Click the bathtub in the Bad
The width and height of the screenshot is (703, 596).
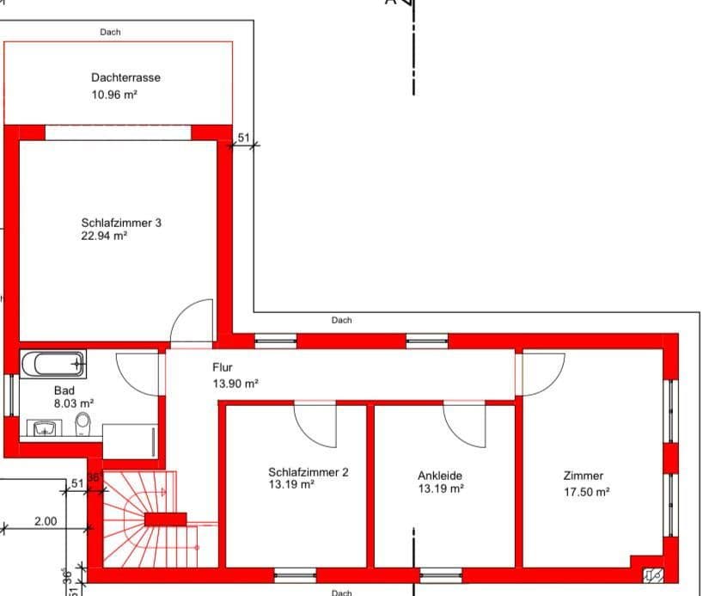click(x=53, y=364)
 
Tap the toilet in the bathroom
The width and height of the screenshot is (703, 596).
click(x=83, y=424)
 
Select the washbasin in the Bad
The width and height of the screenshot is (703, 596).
click(x=43, y=427)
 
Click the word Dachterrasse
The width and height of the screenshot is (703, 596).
click(x=125, y=77)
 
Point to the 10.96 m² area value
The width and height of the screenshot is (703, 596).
click(x=114, y=95)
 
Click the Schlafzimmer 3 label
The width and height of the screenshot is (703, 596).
click(x=121, y=223)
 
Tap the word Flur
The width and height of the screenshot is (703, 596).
click(x=223, y=367)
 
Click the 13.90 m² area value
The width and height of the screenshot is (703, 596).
click(x=235, y=384)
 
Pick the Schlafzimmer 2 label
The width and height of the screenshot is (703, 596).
click(x=308, y=472)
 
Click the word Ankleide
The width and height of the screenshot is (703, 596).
click(x=441, y=475)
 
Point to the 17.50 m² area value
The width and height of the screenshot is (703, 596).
click(x=586, y=492)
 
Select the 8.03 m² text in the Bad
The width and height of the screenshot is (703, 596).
click(x=73, y=402)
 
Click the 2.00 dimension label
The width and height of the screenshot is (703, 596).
click(x=46, y=521)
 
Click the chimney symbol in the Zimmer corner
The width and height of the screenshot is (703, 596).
click(x=651, y=570)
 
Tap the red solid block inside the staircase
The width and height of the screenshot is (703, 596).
click(x=165, y=519)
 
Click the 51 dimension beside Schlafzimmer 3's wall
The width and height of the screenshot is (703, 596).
click(x=243, y=138)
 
